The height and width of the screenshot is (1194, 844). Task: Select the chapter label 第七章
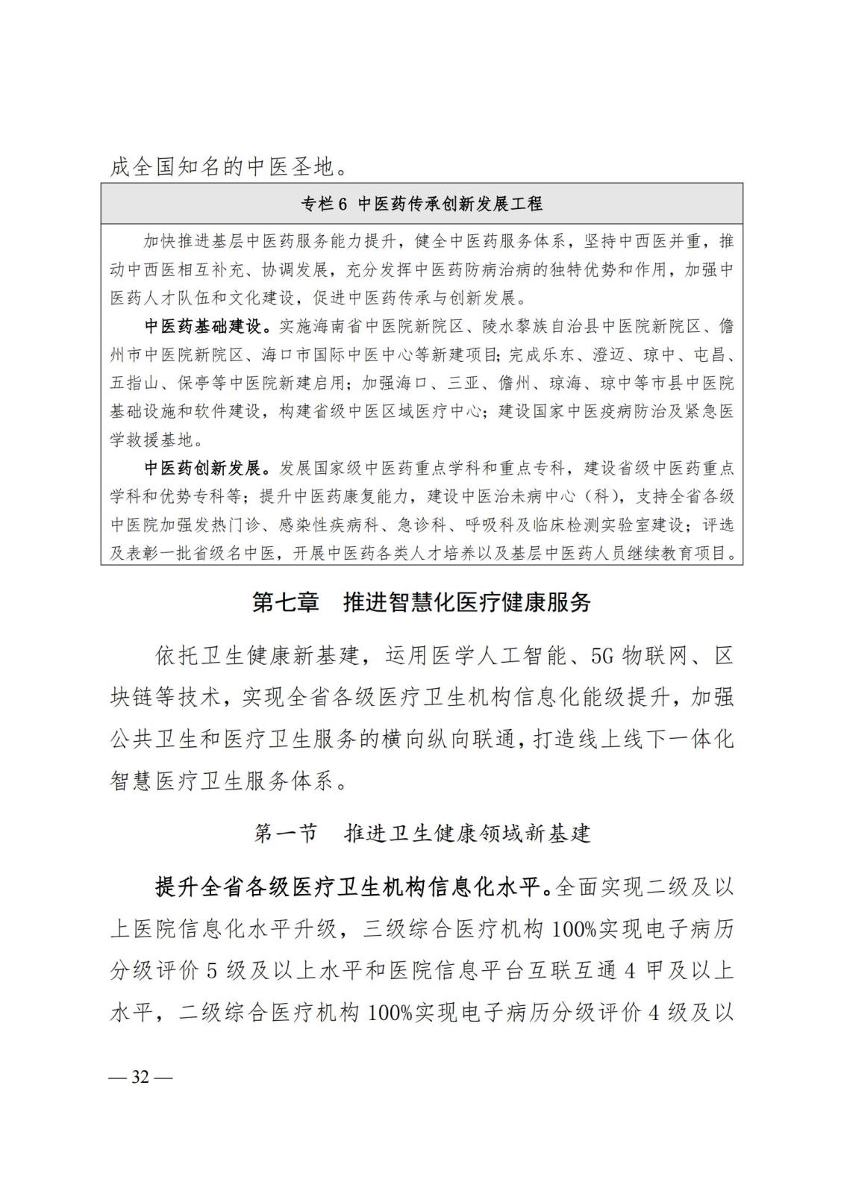(x=286, y=602)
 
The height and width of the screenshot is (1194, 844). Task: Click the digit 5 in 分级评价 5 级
(x=211, y=971)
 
